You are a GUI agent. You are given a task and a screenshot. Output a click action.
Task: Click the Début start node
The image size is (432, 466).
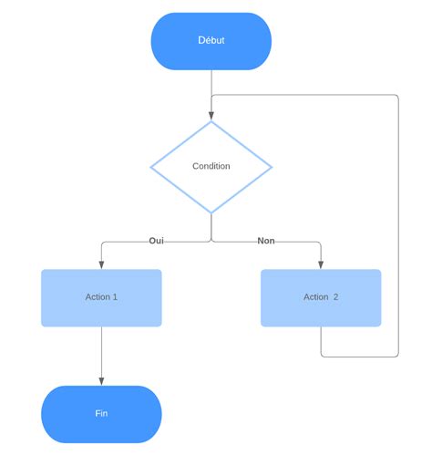tap(211, 41)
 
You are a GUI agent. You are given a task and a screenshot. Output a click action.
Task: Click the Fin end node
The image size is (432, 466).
tap(101, 414)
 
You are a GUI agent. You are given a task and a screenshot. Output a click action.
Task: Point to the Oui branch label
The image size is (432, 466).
tap(156, 241)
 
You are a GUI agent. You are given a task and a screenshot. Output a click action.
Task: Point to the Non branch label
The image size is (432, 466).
tap(266, 241)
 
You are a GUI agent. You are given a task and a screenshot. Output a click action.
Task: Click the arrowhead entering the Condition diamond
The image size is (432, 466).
tap(211, 116)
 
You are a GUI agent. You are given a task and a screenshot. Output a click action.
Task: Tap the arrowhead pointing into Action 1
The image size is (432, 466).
tap(101, 264)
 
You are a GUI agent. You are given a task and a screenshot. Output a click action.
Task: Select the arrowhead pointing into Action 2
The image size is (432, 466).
tap(321, 264)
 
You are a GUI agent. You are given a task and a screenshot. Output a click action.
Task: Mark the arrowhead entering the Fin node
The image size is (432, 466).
tap(101, 381)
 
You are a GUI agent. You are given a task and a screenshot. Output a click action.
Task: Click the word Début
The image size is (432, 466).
tap(211, 40)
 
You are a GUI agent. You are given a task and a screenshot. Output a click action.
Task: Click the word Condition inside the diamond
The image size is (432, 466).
tap(211, 166)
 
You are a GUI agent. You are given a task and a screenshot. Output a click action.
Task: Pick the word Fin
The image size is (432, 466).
tap(101, 413)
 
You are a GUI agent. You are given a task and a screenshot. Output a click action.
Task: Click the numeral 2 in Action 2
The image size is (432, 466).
tap(335, 297)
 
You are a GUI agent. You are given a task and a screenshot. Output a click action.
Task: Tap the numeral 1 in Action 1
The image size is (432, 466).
tap(115, 297)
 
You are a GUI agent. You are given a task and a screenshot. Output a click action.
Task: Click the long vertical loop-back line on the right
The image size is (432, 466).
tap(398, 228)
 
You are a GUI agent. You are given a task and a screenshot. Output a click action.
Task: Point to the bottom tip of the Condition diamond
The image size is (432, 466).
tap(211, 212)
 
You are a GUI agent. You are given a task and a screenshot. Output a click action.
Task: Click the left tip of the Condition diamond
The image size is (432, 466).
tap(151, 167)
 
